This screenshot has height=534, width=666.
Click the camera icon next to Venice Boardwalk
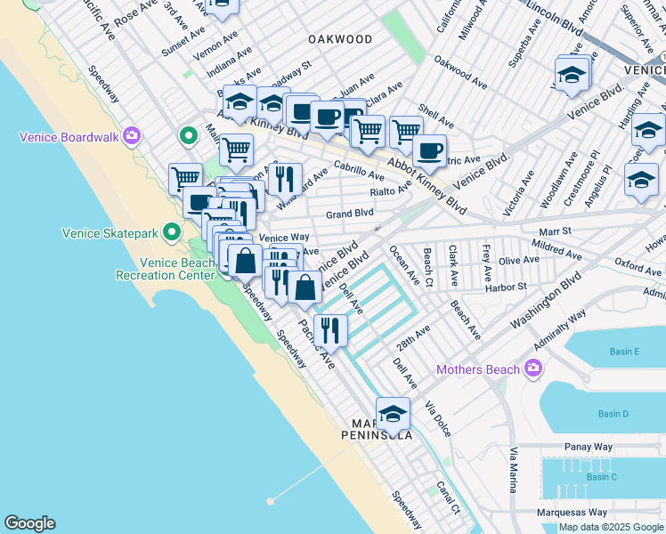[x=133, y=136]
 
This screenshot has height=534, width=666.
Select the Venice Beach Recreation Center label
[x=166, y=269]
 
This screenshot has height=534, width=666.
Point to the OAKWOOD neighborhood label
[x=340, y=39]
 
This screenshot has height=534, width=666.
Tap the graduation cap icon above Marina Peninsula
[x=393, y=414]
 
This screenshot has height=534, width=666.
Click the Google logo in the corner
[x=29, y=523]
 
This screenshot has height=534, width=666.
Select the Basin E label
[x=624, y=352]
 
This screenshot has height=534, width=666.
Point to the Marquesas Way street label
[x=572, y=513]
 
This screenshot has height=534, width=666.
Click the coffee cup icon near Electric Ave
[x=430, y=152]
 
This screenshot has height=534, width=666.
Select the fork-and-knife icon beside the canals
[x=330, y=331]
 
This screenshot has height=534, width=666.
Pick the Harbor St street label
[x=506, y=287]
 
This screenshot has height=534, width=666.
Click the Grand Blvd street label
[x=349, y=214]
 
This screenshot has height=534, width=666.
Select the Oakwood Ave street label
[x=460, y=75]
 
